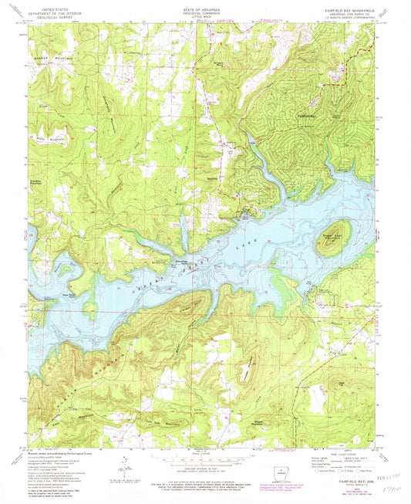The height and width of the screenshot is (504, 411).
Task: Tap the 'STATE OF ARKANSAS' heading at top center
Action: coord(205,8)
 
